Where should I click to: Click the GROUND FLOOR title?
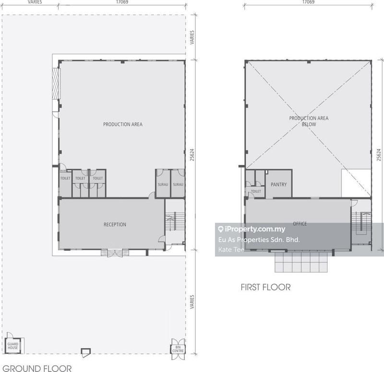[37, 368]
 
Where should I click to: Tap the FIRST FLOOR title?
[266, 287]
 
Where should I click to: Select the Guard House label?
[13, 346]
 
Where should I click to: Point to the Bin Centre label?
[178, 349]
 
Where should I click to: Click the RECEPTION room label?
[115, 224]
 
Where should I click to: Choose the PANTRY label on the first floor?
[279, 185]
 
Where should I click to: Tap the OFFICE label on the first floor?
[300, 223]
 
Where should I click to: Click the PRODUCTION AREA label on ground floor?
[123, 124]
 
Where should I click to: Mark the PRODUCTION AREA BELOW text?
[309, 121]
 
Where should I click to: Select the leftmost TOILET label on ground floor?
[65, 178]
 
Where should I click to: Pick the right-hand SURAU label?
[178, 185]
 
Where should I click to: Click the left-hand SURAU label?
[163, 185]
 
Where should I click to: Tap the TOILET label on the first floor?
[256, 191]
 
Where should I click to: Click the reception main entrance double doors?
[115, 253]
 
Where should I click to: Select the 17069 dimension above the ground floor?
[122, 2]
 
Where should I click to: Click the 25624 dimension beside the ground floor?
[192, 155]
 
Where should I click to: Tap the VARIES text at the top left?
[35, 2]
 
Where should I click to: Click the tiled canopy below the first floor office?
[301, 262]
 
